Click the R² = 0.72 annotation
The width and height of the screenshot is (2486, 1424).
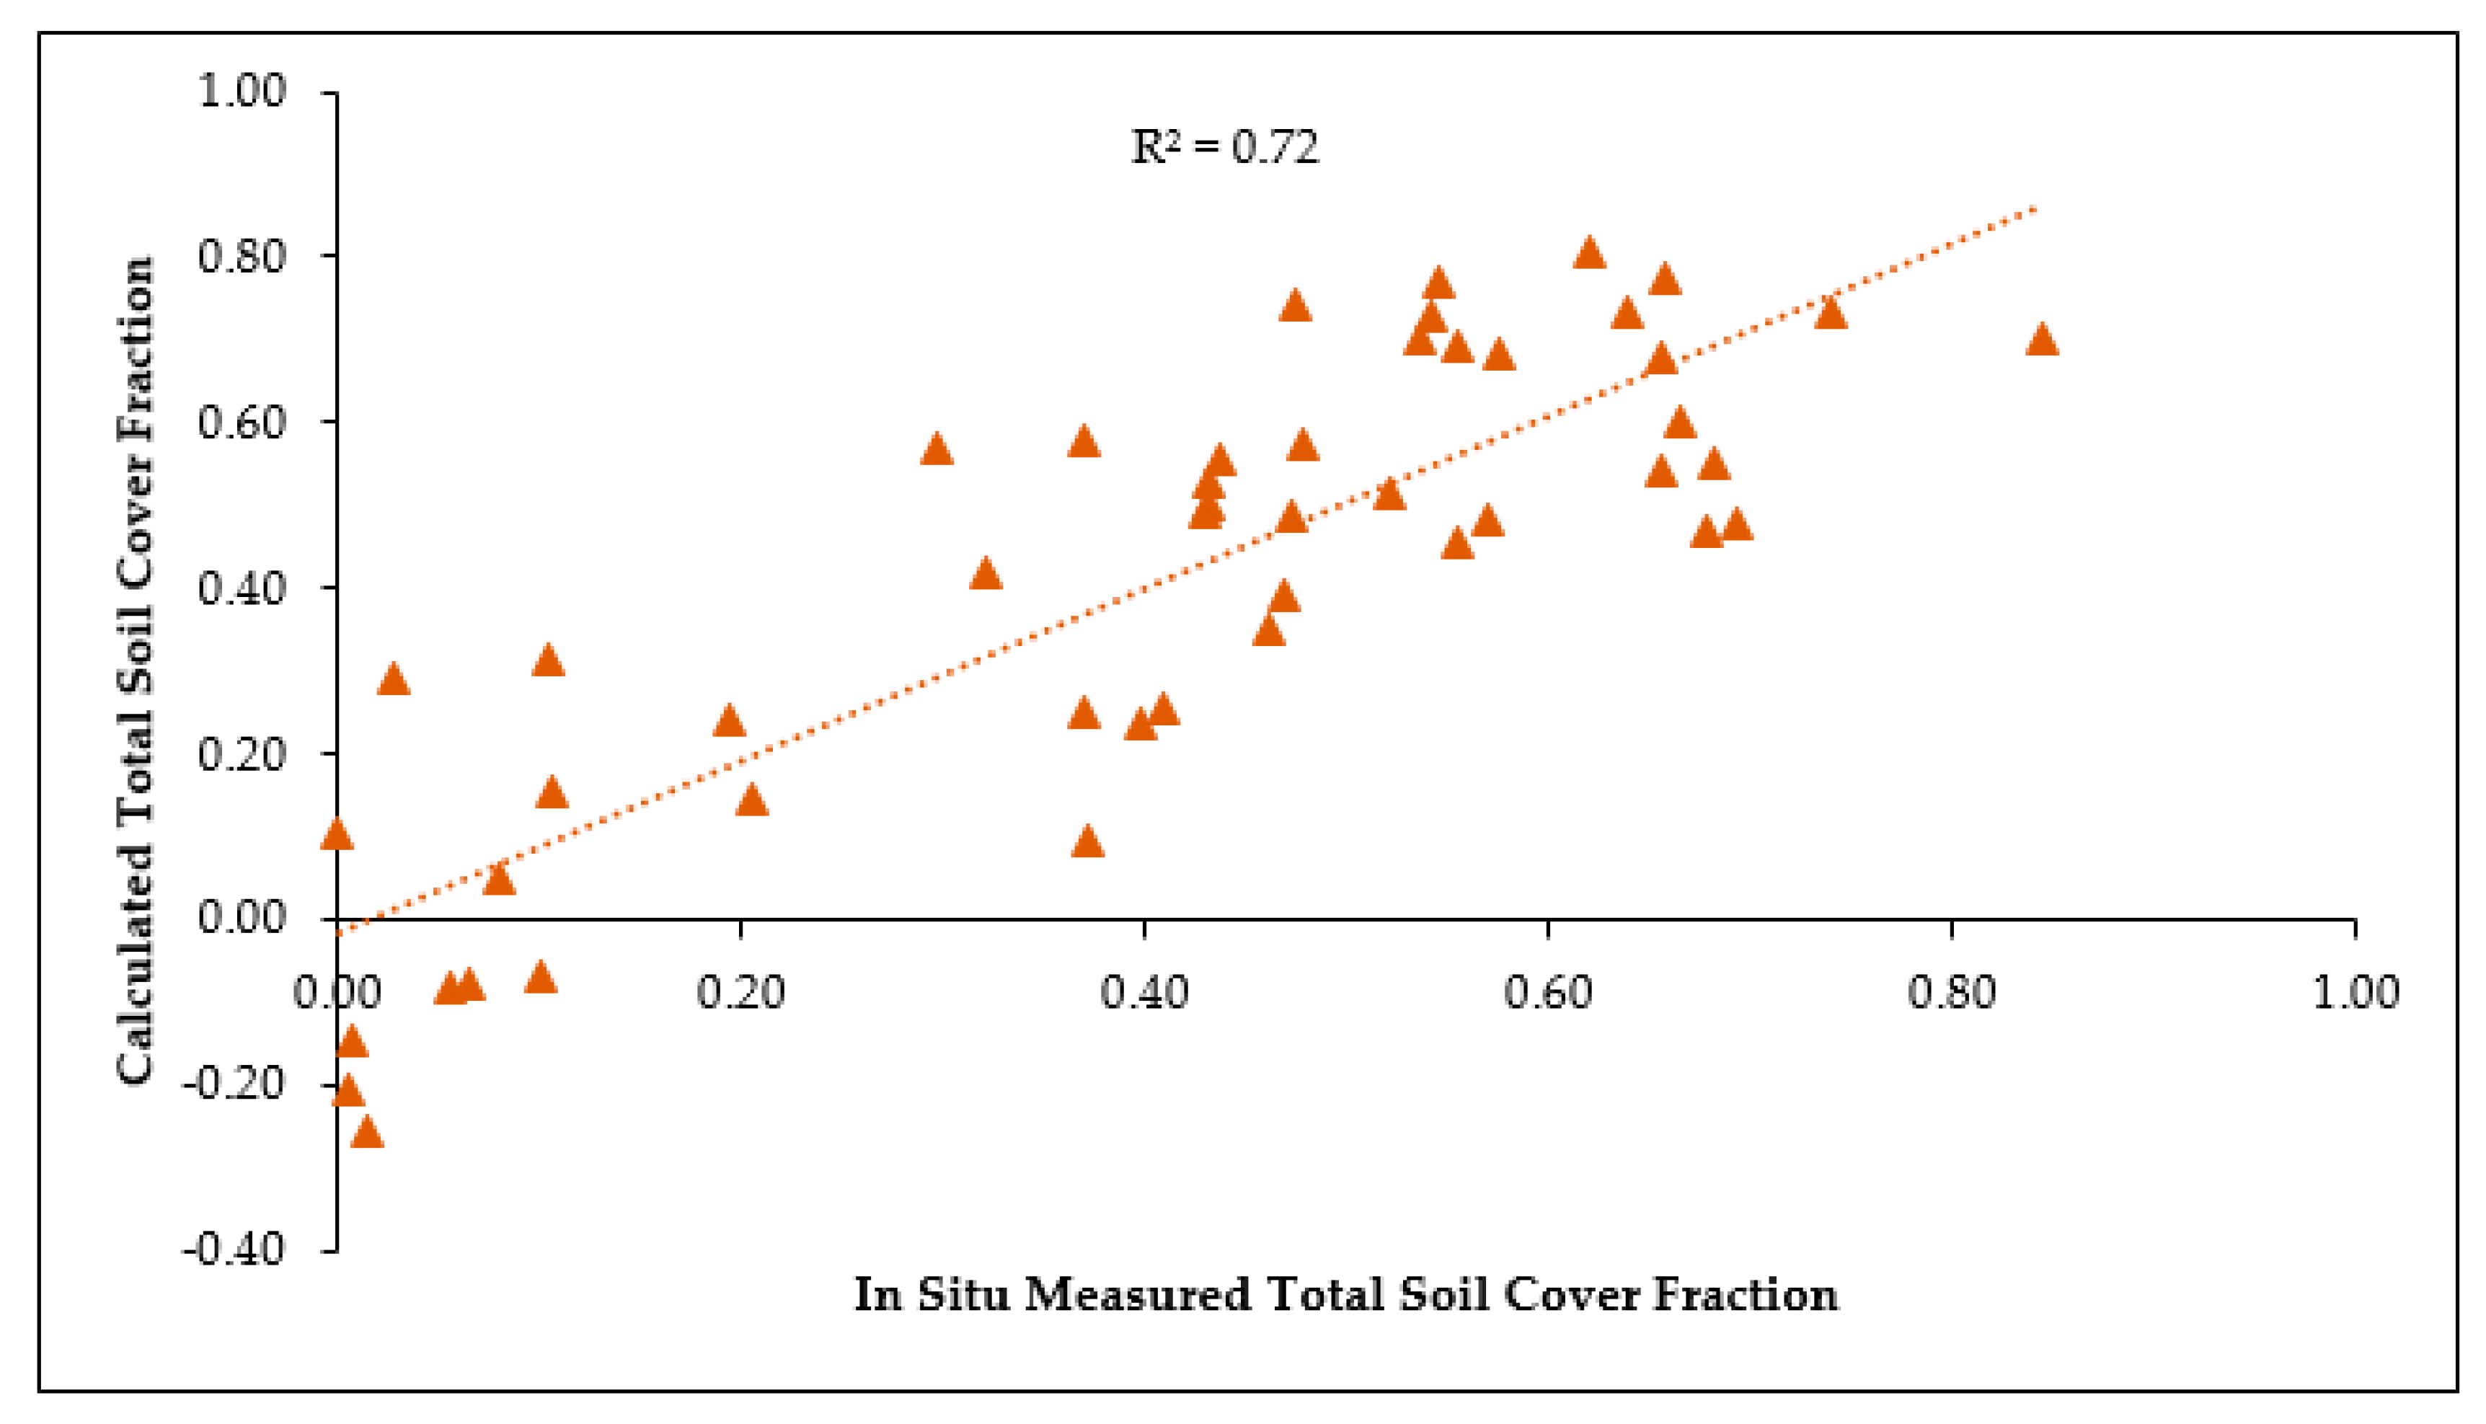click(1224, 148)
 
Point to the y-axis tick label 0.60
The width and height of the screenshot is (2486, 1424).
click(242, 423)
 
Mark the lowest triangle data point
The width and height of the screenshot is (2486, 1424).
click(367, 1133)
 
